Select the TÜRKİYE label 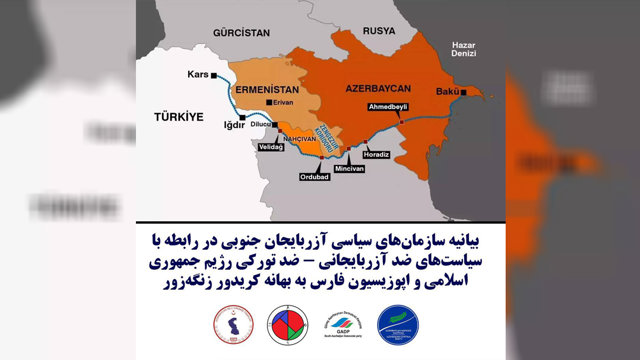[x=178, y=117]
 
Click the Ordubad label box [x=313, y=178]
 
